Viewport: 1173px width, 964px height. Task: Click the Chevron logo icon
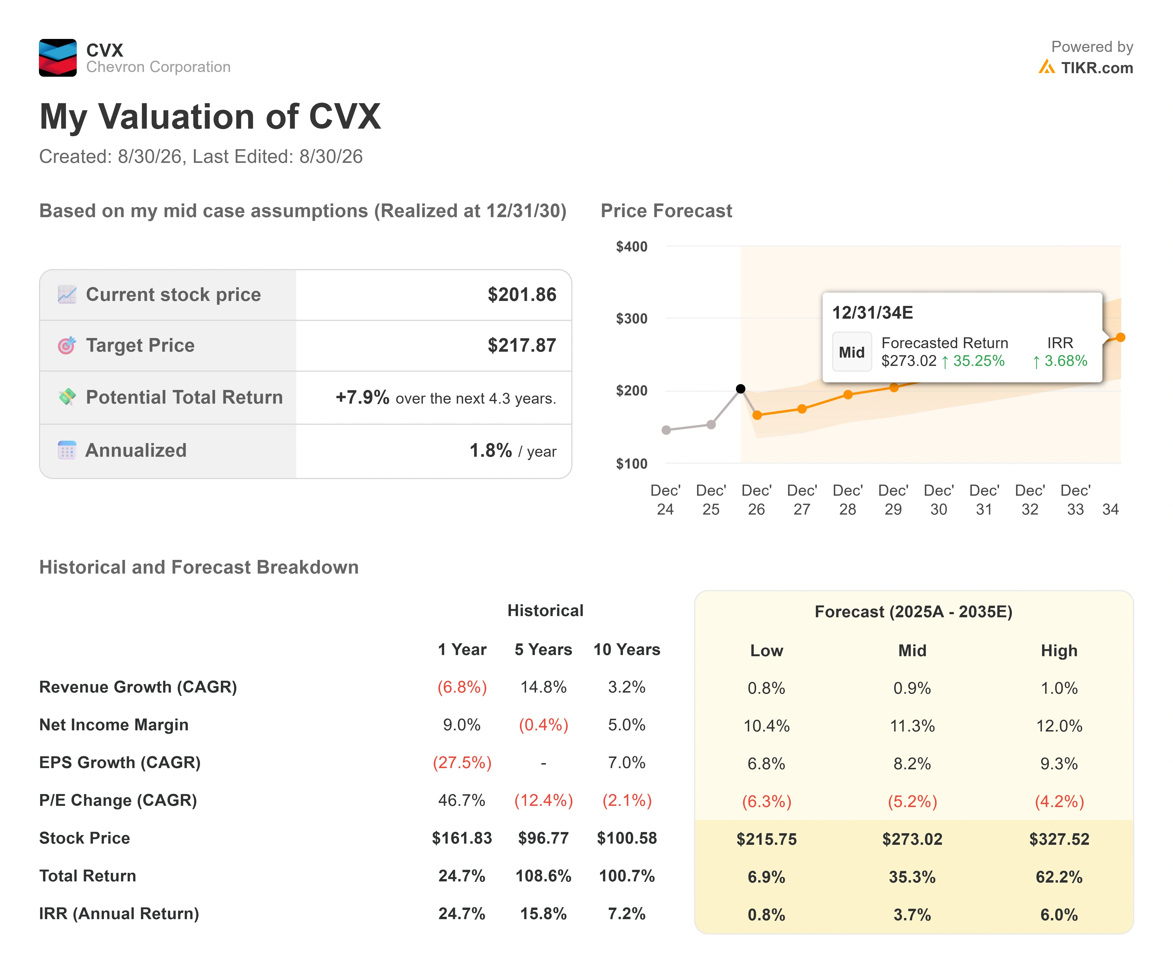pyautogui.click(x=58, y=58)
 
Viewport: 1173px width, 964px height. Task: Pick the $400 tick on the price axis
pyautogui.click(x=632, y=247)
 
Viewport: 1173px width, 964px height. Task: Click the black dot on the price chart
pyautogui.click(x=740, y=389)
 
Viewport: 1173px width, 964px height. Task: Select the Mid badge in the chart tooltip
pyautogui.click(x=851, y=352)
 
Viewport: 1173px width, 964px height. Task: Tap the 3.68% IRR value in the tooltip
pyautogui.click(x=1065, y=361)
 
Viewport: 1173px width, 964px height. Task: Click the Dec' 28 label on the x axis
pyautogui.click(x=848, y=500)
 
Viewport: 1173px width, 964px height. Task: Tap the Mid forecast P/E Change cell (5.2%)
pyautogui.click(x=912, y=801)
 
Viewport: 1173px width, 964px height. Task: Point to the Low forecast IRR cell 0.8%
pyautogui.click(x=766, y=915)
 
